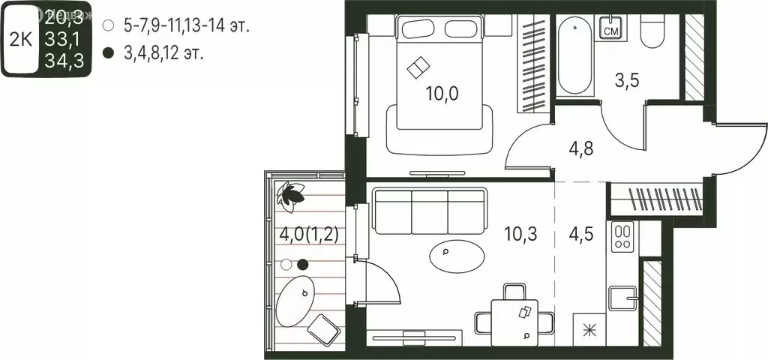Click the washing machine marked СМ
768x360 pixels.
click(611, 29)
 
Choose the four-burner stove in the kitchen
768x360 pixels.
click(622, 237)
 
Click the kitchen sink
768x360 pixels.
click(625, 298)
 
